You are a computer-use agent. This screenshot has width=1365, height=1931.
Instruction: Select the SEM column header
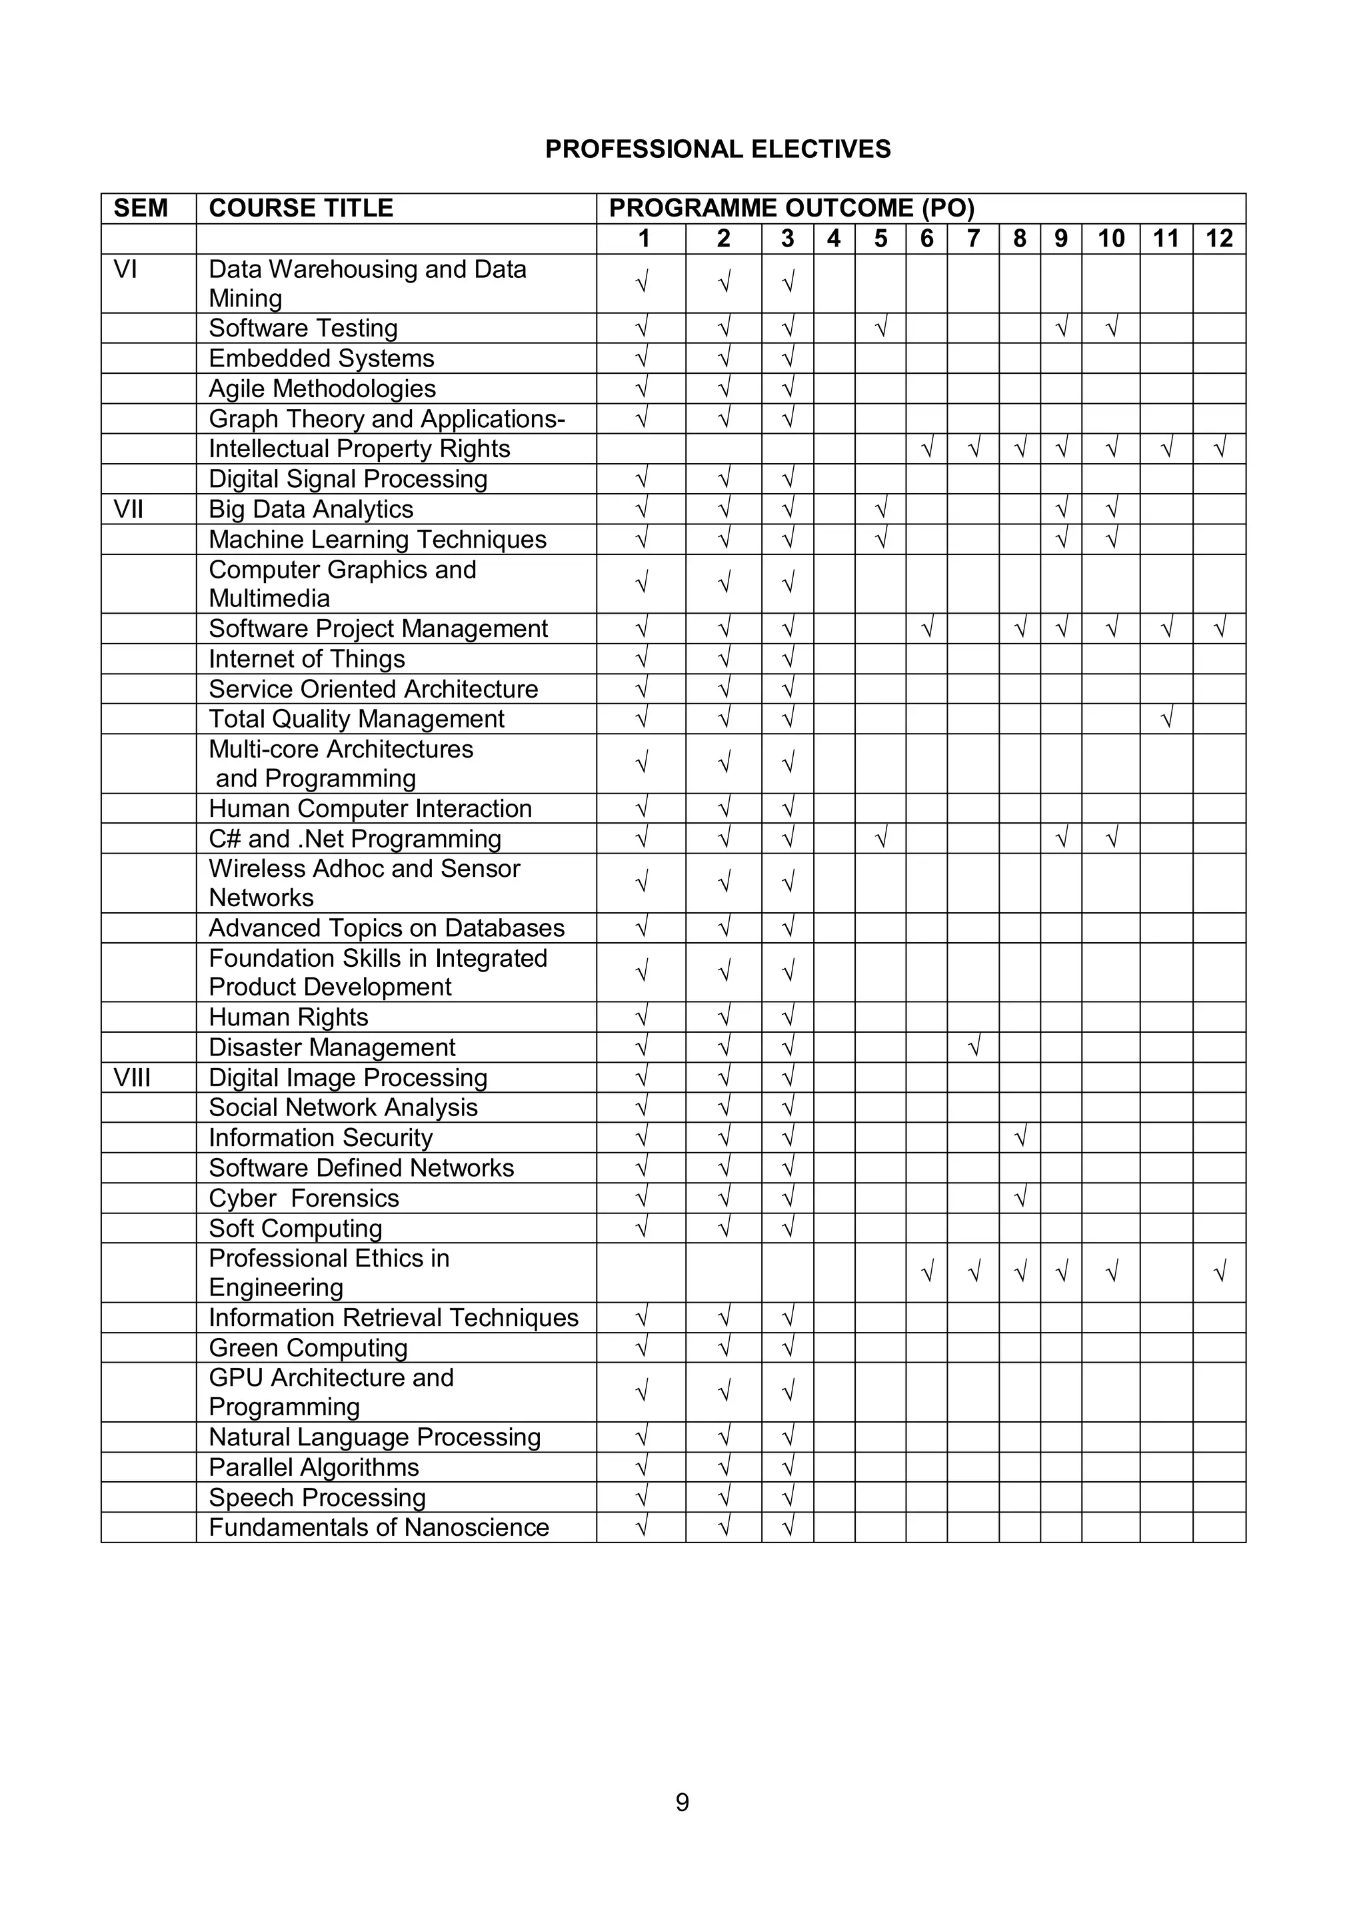pyautogui.click(x=141, y=208)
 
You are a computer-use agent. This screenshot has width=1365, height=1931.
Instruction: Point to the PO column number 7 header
pyautogui.click(x=973, y=239)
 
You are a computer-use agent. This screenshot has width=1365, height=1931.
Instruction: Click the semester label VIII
pyautogui.click(x=132, y=1077)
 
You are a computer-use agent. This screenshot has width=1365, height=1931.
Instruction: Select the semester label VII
pyautogui.click(x=128, y=509)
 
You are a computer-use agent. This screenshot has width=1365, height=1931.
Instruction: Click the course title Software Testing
pyautogui.click(x=303, y=328)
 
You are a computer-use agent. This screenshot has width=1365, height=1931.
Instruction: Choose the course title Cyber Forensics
pyautogui.click(x=304, y=1197)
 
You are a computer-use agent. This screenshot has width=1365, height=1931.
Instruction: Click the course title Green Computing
pyautogui.click(x=308, y=1347)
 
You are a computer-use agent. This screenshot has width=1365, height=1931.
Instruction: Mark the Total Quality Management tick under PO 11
pyautogui.click(x=1166, y=718)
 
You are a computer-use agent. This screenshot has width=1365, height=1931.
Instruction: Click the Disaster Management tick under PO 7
pyautogui.click(x=974, y=1047)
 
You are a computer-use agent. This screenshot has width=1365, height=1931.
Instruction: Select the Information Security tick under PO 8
pyautogui.click(x=1020, y=1137)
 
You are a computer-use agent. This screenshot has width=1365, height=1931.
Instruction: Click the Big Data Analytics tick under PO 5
pyautogui.click(x=880, y=509)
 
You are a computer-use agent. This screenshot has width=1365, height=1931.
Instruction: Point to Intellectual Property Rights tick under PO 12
pyautogui.click(x=1220, y=448)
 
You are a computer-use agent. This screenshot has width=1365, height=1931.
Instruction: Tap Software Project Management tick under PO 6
pyautogui.click(x=927, y=628)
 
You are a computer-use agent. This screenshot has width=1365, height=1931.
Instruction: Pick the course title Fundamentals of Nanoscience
pyautogui.click(x=379, y=1527)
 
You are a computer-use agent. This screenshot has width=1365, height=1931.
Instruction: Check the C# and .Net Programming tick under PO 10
pyautogui.click(x=1111, y=838)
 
